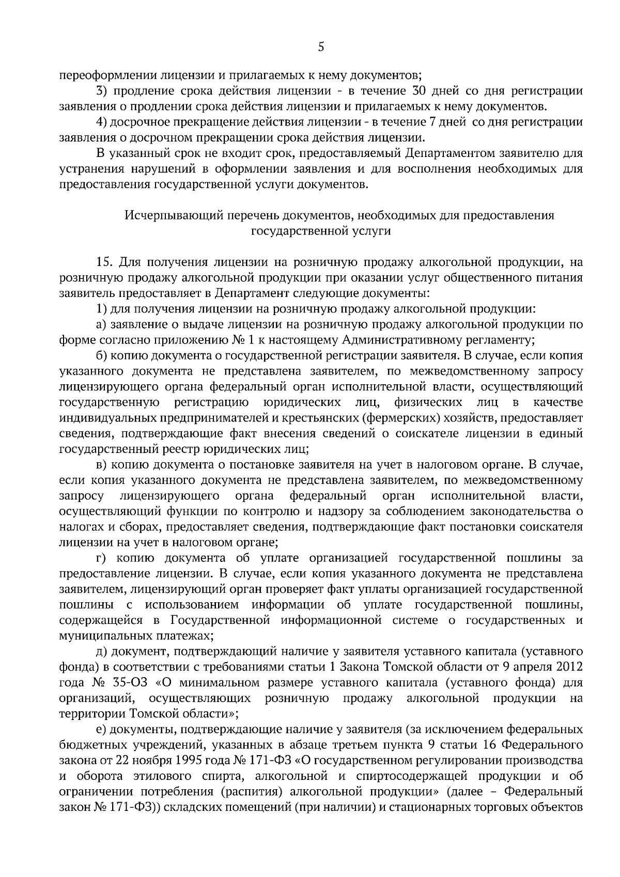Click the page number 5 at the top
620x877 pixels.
click(321, 48)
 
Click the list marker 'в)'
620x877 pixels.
click(102, 464)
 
